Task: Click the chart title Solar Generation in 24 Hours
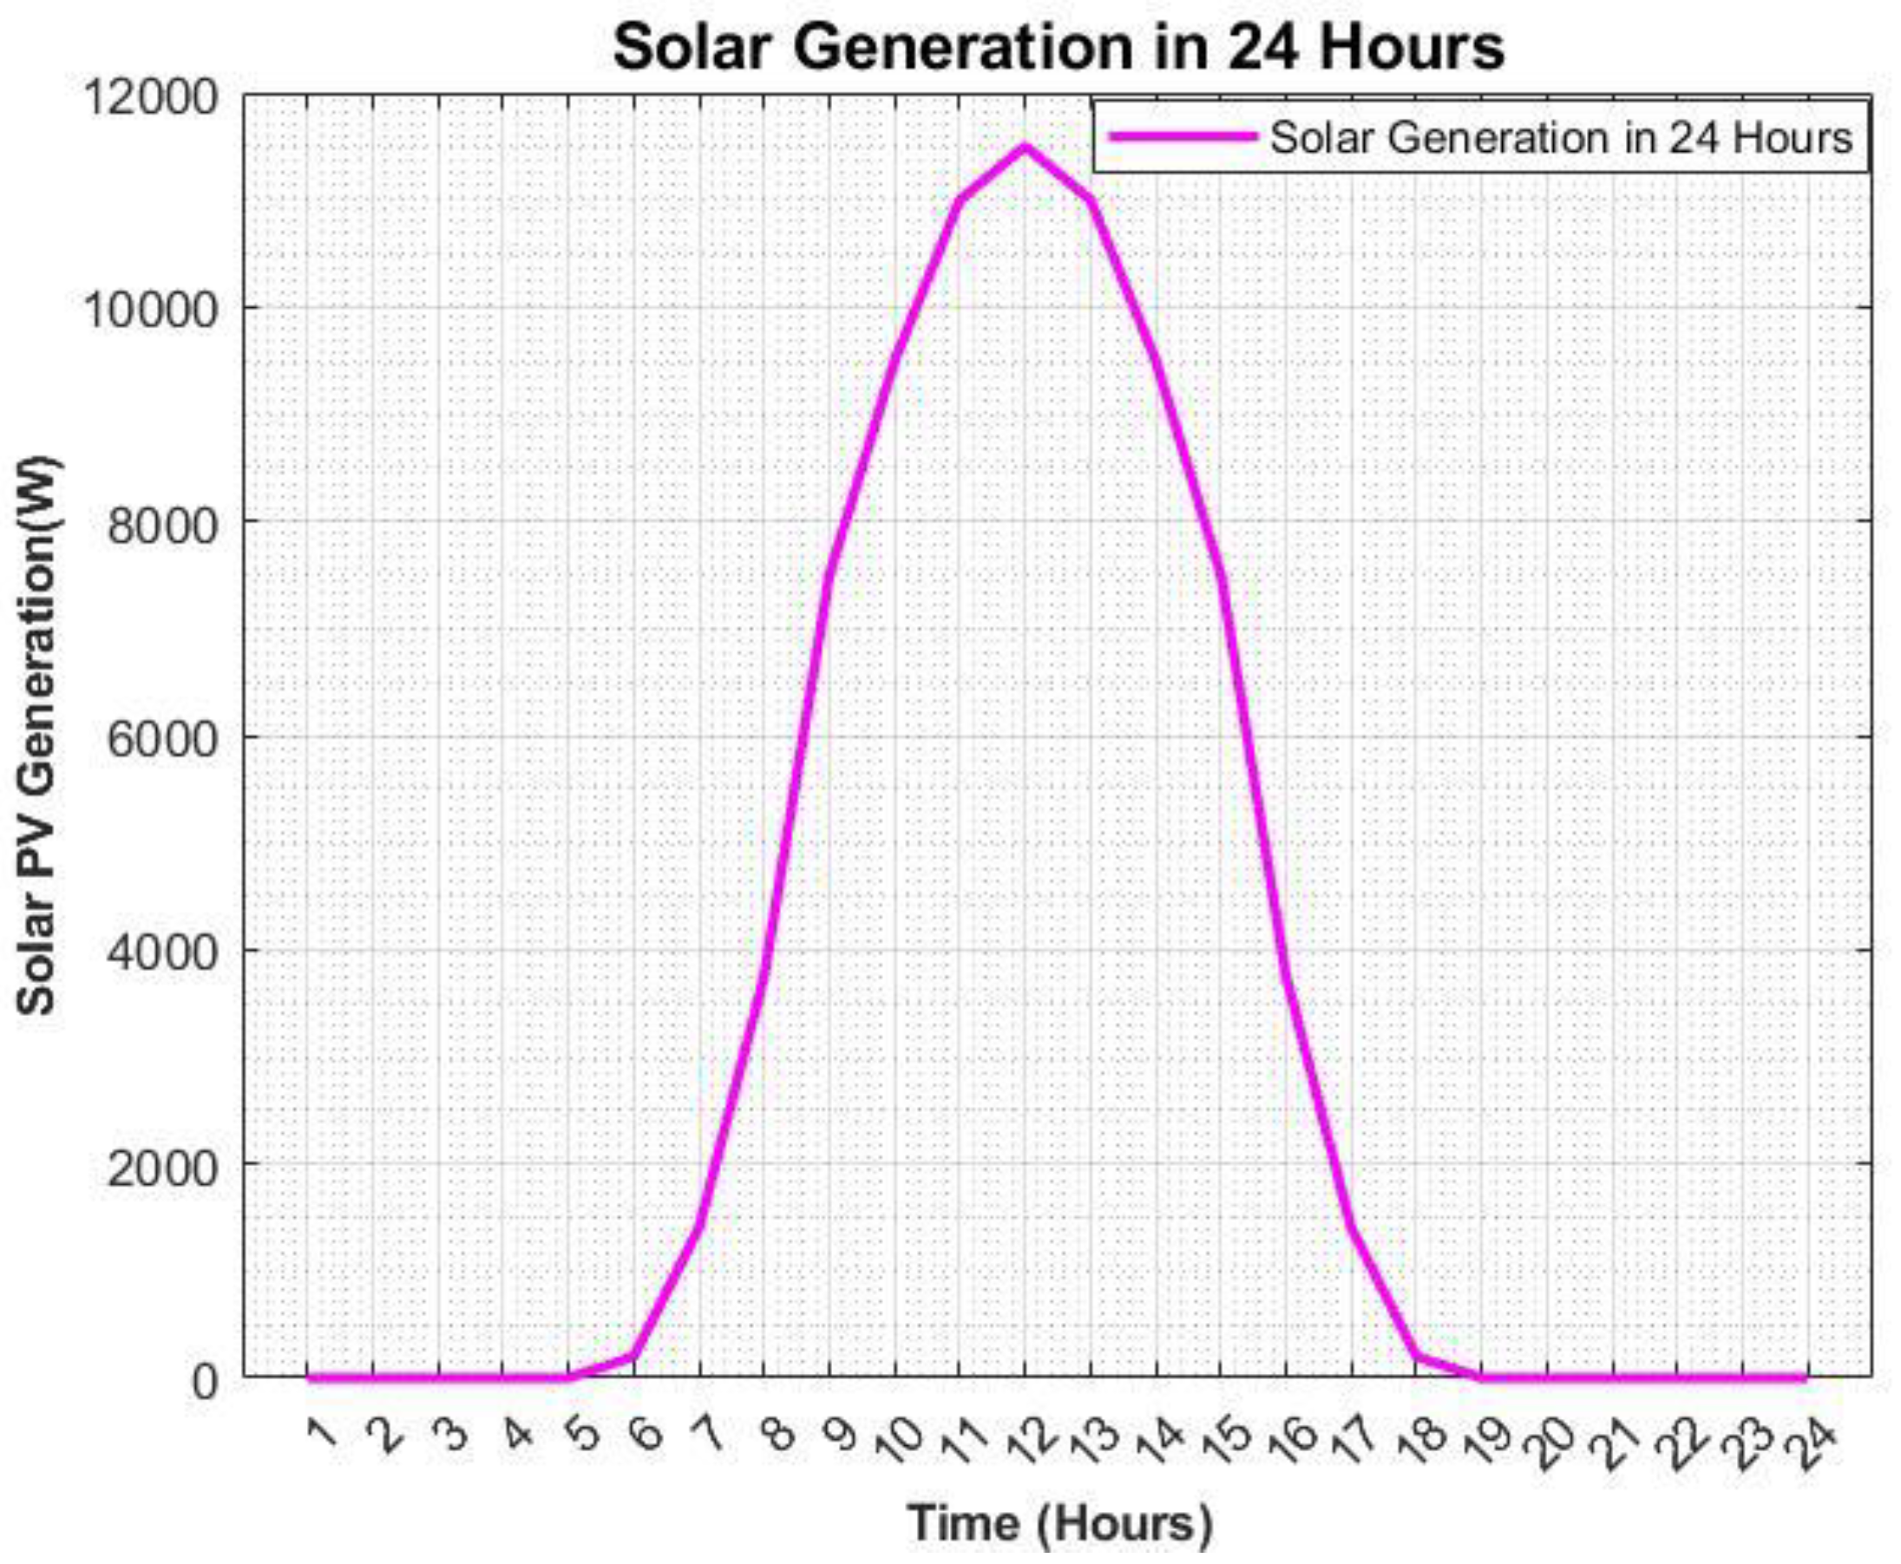[x=1058, y=47]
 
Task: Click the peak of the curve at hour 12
[x=1025, y=146]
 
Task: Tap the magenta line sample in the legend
[x=1181, y=136]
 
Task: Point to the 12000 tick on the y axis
[x=151, y=97]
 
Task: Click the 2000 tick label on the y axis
[x=162, y=1169]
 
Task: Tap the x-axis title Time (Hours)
[x=1059, y=1522]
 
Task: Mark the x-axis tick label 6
[x=649, y=1432]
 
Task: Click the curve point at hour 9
[x=829, y=575]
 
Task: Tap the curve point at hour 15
[x=1221, y=575]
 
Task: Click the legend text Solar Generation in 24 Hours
[x=1560, y=138]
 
